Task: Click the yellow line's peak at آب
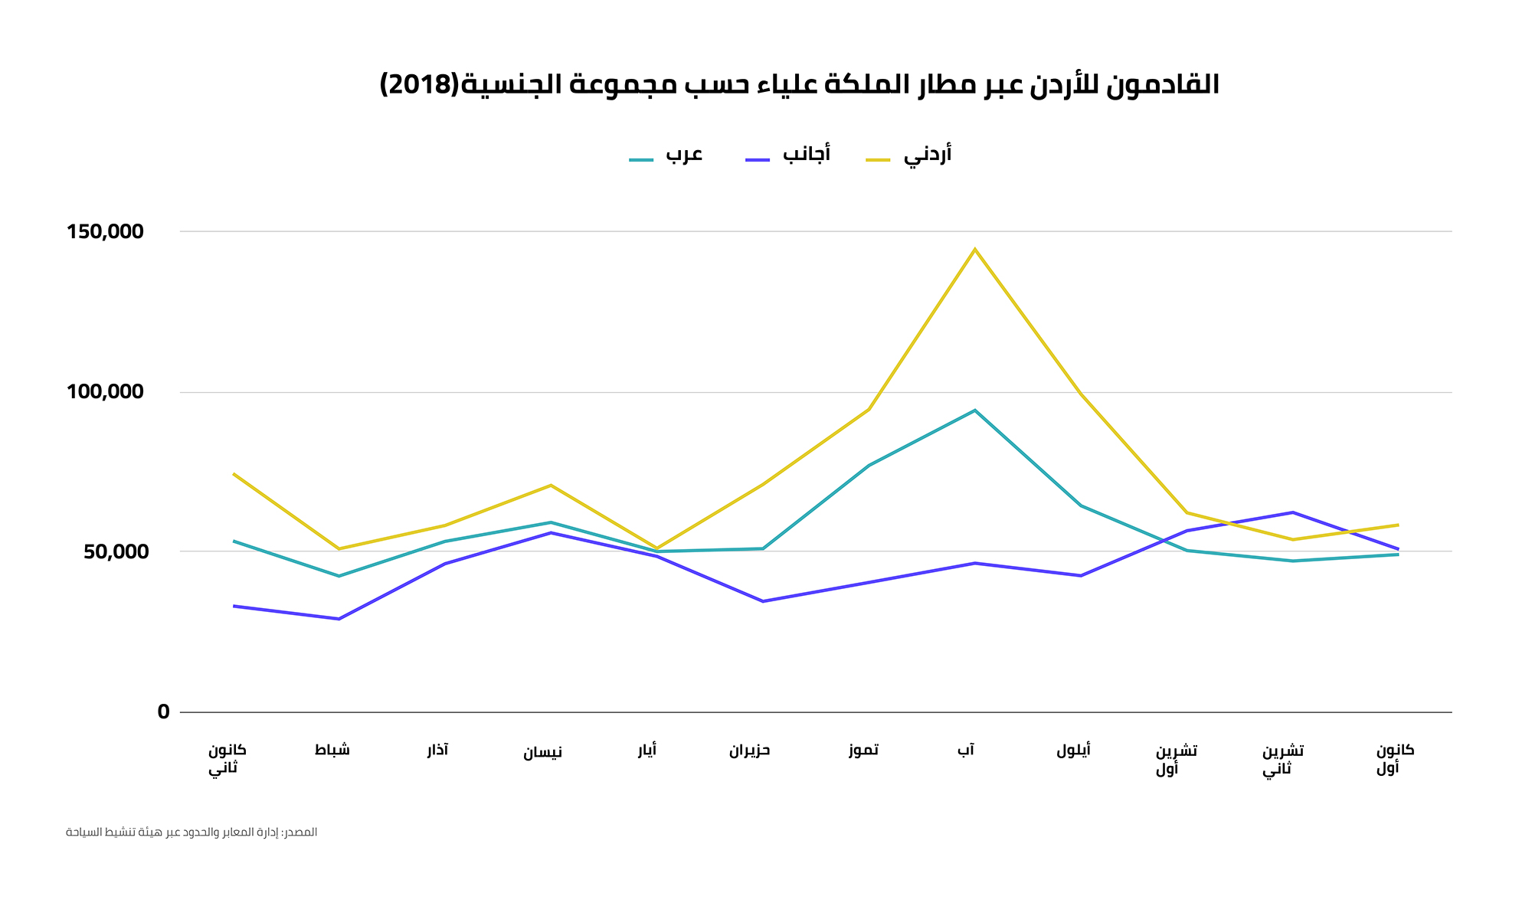pyautogui.click(x=974, y=249)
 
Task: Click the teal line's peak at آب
pyautogui.click(x=974, y=411)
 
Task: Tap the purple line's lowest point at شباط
pyautogui.click(x=339, y=619)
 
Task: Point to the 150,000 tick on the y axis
pyautogui.click(x=106, y=231)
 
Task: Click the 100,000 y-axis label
pyautogui.click(x=106, y=392)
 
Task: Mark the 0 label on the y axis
pyautogui.click(x=163, y=712)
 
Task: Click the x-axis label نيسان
pyautogui.click(x=542, y=752)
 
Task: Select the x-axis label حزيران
pyautogui.click(x=749, y=751)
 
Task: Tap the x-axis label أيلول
pyautogui.click(x=1073, y=751)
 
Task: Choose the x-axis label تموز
pyautogui.click(x=863, y=751)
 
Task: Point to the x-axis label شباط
pyautogui.click(x=332, y=751)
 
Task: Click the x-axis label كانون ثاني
pyautogui.click(x=227, y=759)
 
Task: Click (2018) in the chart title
pyautogui.click(x=419, y=84)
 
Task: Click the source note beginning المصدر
pyautogui.click(x=191, y=833)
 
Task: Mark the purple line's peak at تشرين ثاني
pyautogui.click(x=1292, y=512)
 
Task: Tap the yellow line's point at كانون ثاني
pyautogui.click(x=234, y=474)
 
